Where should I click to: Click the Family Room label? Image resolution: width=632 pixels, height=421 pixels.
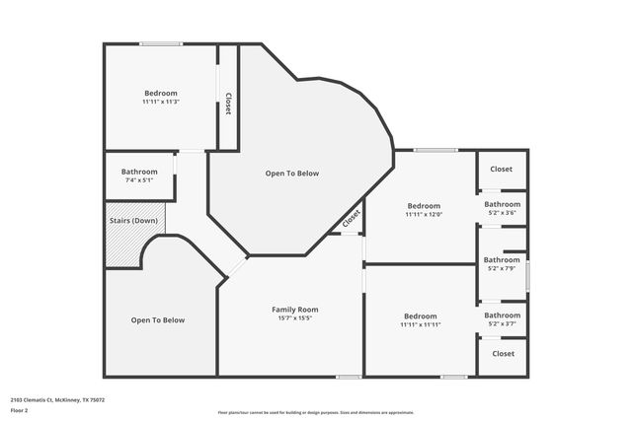click(x=295, y=310)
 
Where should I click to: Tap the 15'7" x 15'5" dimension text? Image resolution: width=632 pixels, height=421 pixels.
click(x=295, y=318)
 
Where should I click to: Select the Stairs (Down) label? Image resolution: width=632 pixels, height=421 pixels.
click(x=132, y=220)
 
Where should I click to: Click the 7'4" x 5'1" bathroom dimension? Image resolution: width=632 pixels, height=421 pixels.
click(x=139, y=180)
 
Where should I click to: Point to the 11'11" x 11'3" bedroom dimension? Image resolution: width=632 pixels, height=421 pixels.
click(x=160, y=102)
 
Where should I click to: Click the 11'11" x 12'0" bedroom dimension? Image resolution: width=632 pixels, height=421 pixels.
click(x=424, y=214)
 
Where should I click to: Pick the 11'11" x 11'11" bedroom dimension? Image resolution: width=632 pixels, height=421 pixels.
click(x=420, y=324)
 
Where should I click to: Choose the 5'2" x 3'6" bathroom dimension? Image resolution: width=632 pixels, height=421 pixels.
click(x=502, y=213)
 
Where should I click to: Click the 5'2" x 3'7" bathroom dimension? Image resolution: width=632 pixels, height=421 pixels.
click(x=502, y=323)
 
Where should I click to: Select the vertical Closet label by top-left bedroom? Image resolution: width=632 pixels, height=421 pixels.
click(x=228, y=104)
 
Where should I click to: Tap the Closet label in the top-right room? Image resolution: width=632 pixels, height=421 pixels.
click(x=502, y=170)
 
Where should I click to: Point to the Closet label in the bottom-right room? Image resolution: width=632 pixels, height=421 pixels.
click(x=503, y=353)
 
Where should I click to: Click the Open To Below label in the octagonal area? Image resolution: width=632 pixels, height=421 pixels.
click(x=292, y=174)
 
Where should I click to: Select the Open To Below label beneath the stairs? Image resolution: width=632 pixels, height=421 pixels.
click(x=158, y=320)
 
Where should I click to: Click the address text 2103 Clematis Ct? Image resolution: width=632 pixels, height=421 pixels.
click(x=57, y=399)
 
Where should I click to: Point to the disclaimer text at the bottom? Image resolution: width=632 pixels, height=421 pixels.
click(x=315, y=412)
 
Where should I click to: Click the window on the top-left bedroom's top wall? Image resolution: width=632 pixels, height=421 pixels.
click(x=160, y=43)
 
